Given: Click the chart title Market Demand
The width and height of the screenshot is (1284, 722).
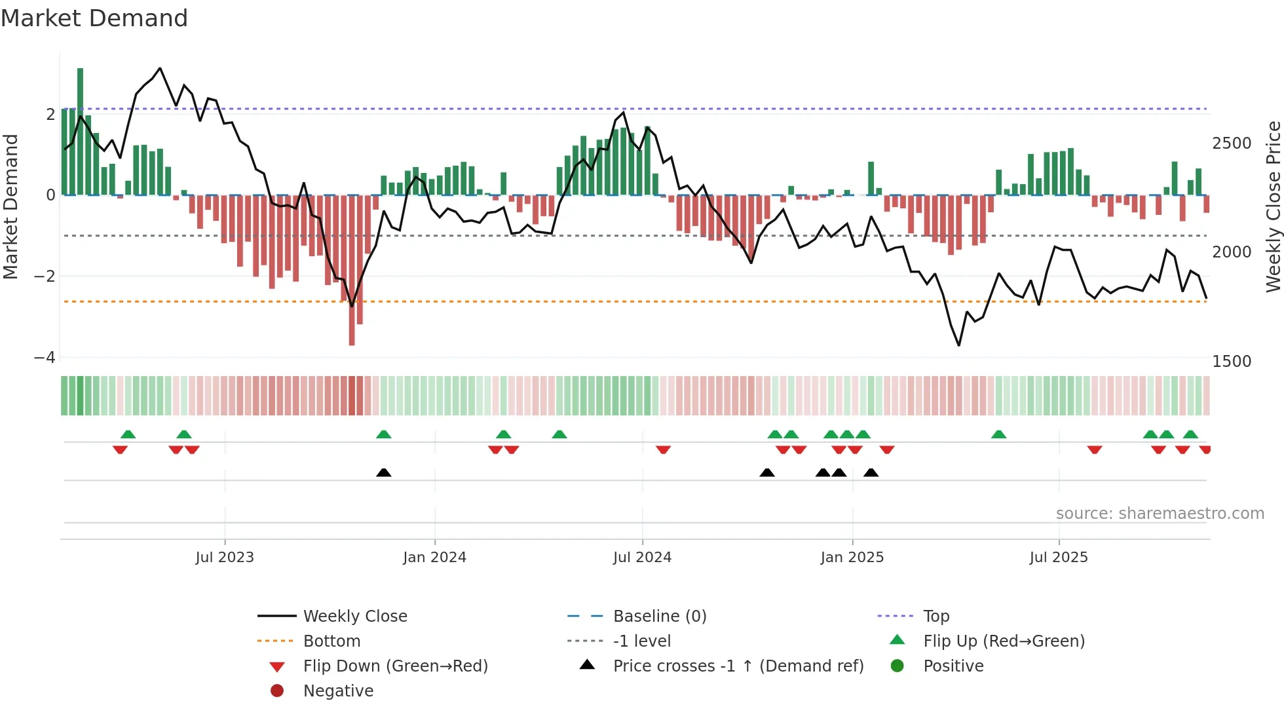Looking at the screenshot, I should (x=94, y=18).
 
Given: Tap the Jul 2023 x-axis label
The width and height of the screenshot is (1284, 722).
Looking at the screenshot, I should (x=224, y=558).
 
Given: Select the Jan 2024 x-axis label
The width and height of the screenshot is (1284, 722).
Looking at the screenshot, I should (x=434, y=558).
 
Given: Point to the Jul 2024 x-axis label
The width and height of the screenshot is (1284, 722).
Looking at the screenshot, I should (x=642, y=558).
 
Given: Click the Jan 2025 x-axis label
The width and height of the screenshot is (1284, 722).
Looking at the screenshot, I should (x=852, y=558).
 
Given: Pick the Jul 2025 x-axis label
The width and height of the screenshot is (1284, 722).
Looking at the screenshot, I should (x=1058, y=558).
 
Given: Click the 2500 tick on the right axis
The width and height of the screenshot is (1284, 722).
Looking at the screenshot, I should (x=1232, y=143).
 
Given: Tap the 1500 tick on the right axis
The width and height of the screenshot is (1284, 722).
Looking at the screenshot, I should (x=1232, y=362).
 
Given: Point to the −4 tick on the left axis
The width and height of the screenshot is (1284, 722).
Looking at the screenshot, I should (x=45, y=358).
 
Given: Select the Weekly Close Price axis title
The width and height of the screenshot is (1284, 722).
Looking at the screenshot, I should (x=1273, y=206).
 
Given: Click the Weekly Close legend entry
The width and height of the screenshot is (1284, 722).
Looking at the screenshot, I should (x=354, y=617).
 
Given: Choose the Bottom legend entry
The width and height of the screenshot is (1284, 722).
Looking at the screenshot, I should (x=331, y=641).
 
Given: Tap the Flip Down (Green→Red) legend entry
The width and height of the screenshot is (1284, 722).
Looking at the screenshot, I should (x=395, y=666).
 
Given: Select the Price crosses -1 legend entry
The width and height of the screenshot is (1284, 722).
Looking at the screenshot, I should (x=738, y=666).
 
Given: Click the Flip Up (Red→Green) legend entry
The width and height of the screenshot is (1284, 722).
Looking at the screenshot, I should (x=1004, y=641).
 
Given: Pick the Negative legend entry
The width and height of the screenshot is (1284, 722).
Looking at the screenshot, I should (x=338, y=691).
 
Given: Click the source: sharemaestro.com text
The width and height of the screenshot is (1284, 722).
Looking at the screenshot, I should (x=1160, y=514).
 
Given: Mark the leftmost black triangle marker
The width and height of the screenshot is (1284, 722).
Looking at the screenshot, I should (x=384, y=473).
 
